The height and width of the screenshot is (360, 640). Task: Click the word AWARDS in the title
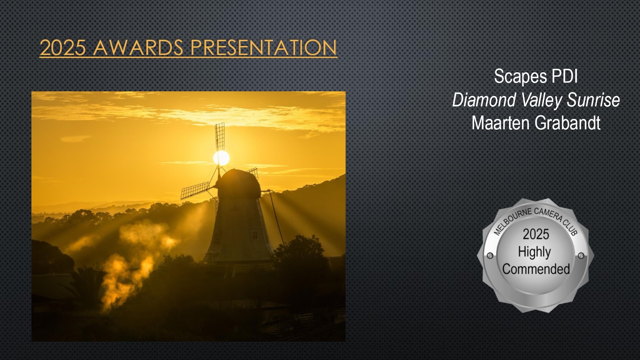tap(138, 48)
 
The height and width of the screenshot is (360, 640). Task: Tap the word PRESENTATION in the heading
tap(264, 48)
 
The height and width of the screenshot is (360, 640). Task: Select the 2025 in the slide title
tap(63, 48)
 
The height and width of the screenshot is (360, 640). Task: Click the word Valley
tap(542, 100)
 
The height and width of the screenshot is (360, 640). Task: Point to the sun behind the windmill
tap(221, 158)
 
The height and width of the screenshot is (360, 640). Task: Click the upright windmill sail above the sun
tap(219, 137)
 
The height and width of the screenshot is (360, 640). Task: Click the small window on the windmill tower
tap(255, 236)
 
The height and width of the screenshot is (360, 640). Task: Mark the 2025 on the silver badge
tap(536, 234)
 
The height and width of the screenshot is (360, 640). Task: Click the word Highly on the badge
tap(534, 252)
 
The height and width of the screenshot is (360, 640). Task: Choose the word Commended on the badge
tap(536, 269)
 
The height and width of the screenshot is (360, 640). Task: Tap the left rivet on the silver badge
tap(490, 256)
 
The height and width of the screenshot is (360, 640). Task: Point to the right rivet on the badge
tap(581, 256)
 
